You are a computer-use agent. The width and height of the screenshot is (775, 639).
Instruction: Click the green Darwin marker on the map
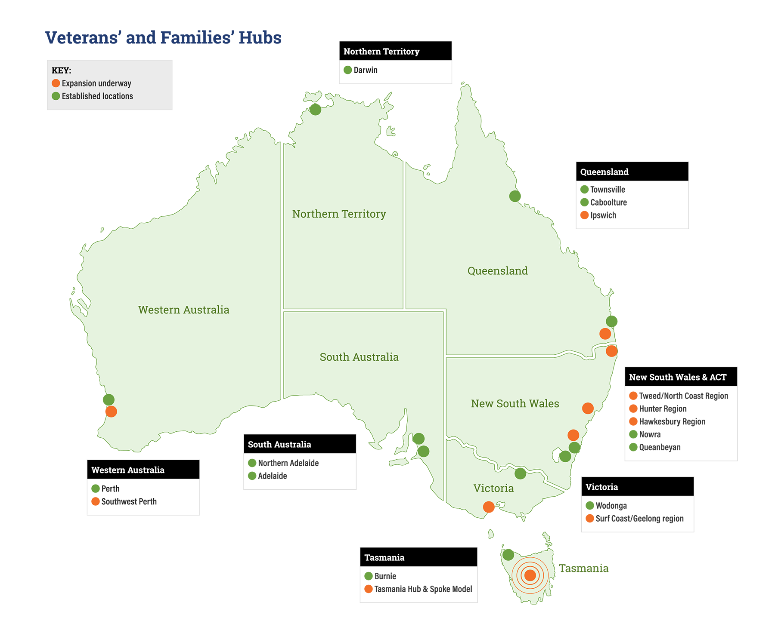[315, 110]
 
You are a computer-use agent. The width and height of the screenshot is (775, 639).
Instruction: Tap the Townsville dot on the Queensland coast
[515, 196]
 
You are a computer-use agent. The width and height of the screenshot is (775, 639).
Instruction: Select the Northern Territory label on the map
[339, 214]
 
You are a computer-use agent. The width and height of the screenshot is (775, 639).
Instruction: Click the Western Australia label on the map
[183, 310]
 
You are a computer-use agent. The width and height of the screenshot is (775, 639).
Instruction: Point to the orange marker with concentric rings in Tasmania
[530, 575]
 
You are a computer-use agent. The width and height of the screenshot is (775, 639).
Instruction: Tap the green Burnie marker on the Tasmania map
[508, 555]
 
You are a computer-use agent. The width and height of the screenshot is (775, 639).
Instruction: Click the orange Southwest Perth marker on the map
[111, 412]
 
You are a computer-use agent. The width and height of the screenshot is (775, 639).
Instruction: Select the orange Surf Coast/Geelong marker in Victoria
[488, 507]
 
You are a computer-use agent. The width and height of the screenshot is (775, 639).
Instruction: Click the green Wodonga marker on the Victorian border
[520, 473]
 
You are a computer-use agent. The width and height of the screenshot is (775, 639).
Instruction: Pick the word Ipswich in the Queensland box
[603, 215]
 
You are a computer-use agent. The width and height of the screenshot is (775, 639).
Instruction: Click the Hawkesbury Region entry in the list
[672, 421]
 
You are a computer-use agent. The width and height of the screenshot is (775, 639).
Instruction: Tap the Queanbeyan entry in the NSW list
[660, 447]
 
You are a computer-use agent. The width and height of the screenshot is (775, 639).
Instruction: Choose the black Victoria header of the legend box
[637, 487]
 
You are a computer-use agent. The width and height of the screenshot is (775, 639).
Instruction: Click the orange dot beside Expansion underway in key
[56, 83]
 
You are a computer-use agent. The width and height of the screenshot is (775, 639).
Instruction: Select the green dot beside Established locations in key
[56, 96]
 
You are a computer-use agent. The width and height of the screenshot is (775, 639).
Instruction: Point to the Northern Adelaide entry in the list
[288, 463]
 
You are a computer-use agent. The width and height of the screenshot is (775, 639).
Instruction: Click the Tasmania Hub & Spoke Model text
[423, 589]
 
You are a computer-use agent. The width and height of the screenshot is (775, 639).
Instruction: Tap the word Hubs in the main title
[260, 38]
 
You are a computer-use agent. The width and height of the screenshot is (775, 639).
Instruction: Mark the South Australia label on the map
[359, 357]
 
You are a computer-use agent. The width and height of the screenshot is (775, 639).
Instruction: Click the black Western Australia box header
[143, 470]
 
